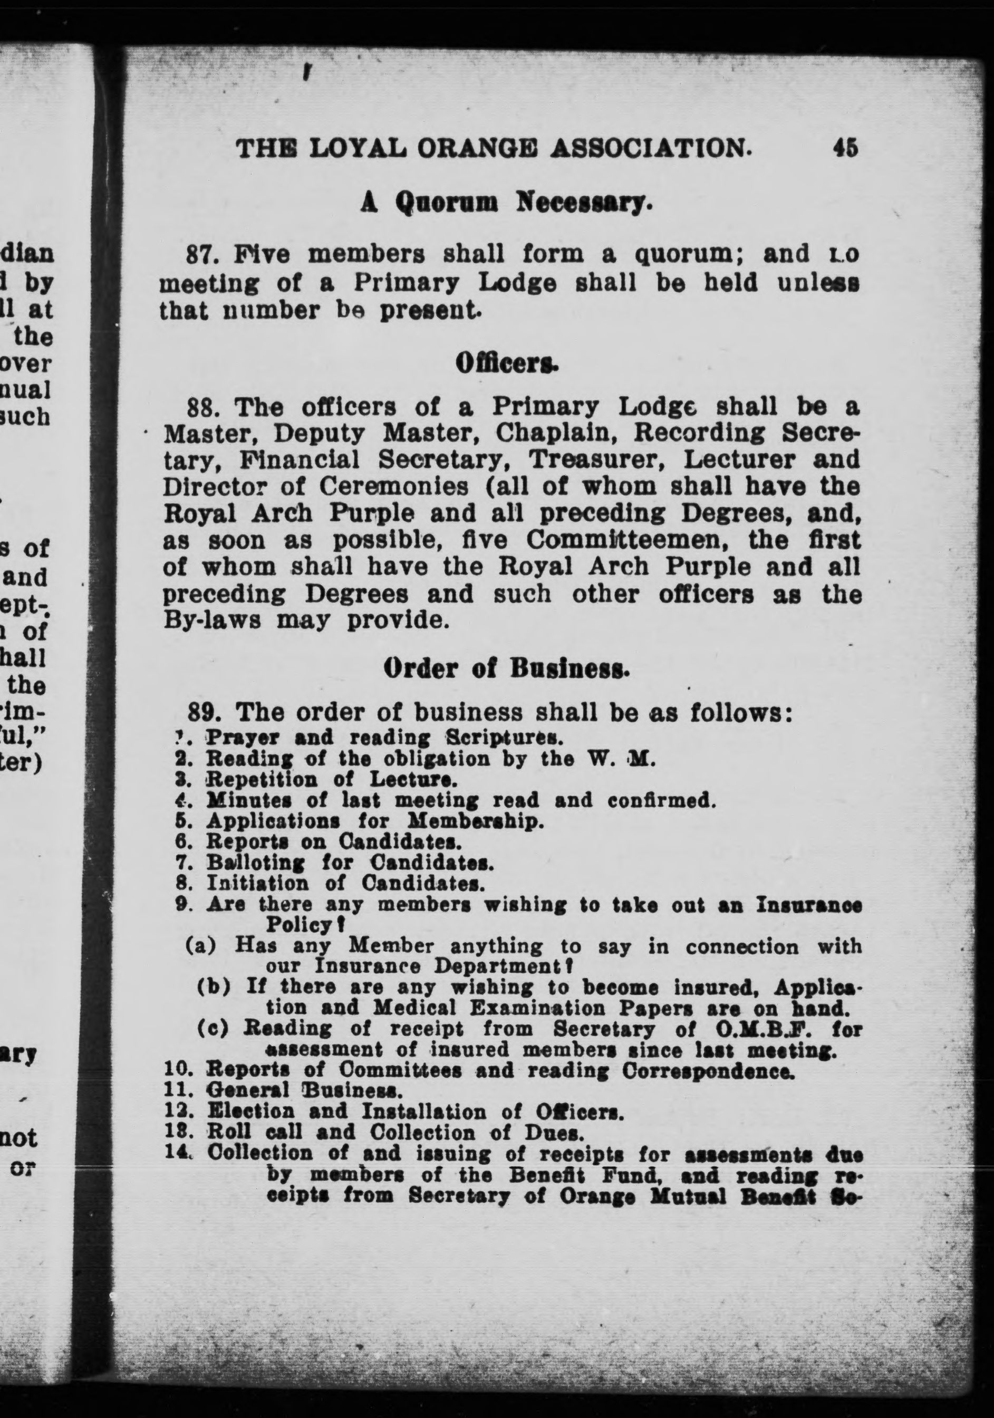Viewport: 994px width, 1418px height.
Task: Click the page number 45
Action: coord(845,148)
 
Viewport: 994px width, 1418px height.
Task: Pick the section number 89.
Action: coord(202,713)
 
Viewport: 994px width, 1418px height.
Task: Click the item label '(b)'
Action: coord(214,987)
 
